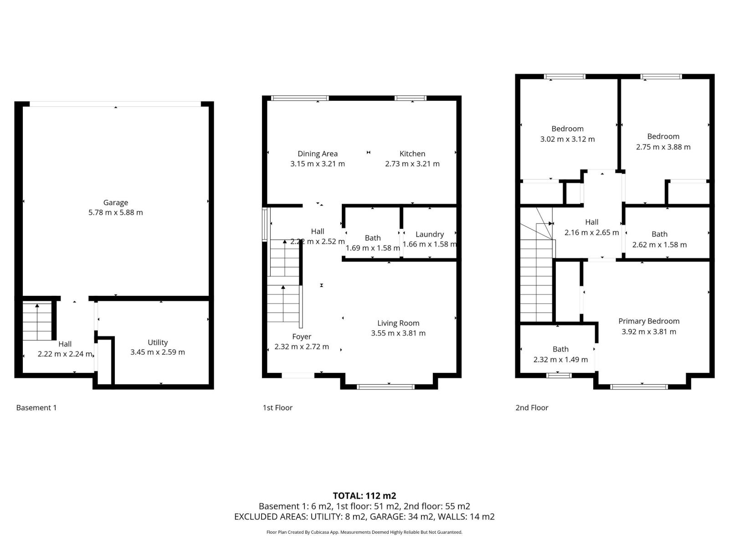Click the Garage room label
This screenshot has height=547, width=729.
point(115,202)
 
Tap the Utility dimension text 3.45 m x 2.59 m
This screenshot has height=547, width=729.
point(158,352)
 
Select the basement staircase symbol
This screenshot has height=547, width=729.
point(37,321)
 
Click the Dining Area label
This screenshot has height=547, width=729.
point(318,154)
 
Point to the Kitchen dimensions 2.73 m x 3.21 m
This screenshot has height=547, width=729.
point(412,164)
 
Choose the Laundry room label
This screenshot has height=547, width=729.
point(430,234)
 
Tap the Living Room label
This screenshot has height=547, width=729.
point(398,323)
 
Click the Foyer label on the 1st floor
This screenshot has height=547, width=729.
point(302,336)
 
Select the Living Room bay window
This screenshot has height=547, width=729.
point(385,387)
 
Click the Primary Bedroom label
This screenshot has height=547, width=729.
point(649,321)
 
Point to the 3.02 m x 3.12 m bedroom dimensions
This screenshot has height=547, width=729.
point(567,139)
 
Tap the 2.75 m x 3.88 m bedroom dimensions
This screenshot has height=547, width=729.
point(663,147)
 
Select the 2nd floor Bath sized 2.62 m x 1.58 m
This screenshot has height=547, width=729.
point(659,239)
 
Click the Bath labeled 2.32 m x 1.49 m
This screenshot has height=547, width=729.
point(560,354)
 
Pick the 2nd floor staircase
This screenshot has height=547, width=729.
point(537,283)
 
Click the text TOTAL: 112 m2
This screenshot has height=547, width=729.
point(364,495)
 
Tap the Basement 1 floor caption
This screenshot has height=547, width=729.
point(36,408)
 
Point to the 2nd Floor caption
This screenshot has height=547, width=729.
point(532,408)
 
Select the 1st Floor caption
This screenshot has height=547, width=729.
point(277,408)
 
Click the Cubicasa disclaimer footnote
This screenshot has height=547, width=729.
point(364,532)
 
